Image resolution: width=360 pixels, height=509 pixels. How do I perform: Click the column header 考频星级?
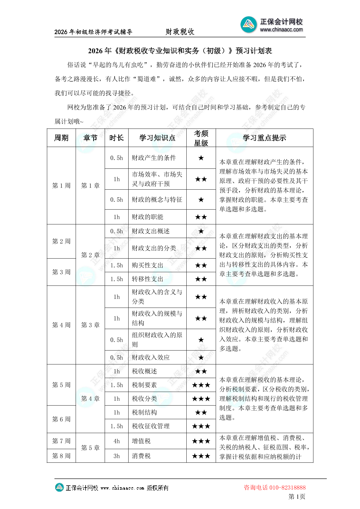pos(201,138)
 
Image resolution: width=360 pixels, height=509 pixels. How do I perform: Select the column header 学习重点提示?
pos(264,138)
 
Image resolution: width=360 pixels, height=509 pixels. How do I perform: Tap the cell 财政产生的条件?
pos(154,158)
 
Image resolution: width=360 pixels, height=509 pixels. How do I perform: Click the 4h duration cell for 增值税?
pos(116,441)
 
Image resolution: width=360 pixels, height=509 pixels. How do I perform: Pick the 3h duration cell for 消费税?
pos(116,456)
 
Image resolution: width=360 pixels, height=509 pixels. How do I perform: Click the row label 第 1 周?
pos(61,185)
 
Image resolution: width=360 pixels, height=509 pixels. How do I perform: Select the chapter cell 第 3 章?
pos(90,325)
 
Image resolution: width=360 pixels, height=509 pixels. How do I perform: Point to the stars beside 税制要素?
pos(201,385)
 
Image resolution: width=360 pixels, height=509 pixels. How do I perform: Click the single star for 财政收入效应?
pos(201,357)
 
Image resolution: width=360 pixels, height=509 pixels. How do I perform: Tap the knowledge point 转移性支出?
pos(147,279)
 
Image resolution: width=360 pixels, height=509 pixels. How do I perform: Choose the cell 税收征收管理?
pos(151,426)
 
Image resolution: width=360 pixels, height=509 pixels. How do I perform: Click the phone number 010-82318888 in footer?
pos(287,488)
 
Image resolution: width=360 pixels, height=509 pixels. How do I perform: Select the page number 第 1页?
pos(296,496)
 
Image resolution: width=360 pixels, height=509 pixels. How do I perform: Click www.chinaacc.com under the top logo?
pos(281,30)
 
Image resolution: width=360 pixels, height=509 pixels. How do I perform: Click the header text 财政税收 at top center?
pos(180,32)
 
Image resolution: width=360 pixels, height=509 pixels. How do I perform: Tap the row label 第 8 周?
pos(61,456)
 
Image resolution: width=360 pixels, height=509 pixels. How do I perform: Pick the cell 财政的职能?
pos(147,217)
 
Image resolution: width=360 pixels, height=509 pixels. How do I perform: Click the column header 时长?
pos(116,138)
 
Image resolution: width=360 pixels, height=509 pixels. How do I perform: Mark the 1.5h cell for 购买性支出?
pos(116,265)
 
